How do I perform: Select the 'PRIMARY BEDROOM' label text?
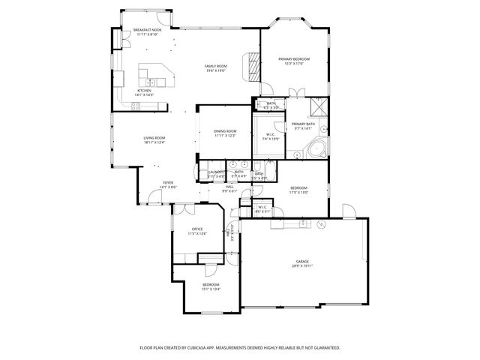[294, 58]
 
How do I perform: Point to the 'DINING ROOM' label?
[225, 130]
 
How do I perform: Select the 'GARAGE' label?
[301, 261]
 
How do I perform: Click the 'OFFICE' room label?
[197, 229]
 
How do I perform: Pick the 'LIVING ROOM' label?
[154, 138]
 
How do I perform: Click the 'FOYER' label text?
[169, 183]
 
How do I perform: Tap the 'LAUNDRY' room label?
[216, 172]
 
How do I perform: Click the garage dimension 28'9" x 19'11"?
[301, 266]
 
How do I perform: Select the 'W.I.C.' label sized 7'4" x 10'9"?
[270, 134]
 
